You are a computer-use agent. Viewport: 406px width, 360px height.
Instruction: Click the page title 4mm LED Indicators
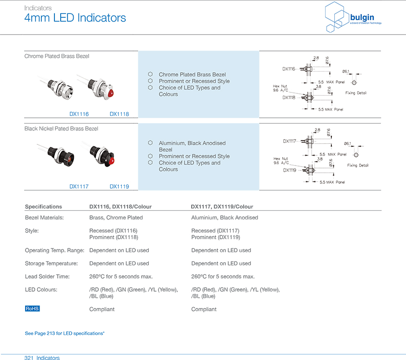pyautogui.click(x=75, y=18)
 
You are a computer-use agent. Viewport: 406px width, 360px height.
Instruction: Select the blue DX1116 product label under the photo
pyautogui.click(x=79, y=114)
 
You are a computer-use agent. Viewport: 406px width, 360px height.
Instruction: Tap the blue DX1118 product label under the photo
pyautogui.click(x=119, y=114)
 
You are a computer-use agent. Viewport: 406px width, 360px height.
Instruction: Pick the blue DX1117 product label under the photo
pyautogui.click(x=79, y=186)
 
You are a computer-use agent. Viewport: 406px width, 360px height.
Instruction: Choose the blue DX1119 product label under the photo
pyautogui.click(x=119, y=186)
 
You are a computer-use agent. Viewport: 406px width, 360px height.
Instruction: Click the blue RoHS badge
pyautogui.click(x=32, y=309)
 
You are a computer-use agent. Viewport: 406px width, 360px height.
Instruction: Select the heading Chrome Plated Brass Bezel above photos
pyautogui.click(x=57, y=56)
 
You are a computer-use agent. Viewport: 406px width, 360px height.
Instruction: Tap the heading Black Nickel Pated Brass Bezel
pyautogui.click(x=61, y=129)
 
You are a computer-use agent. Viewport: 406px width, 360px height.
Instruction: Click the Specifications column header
pyautogui.click(x=43, y=206)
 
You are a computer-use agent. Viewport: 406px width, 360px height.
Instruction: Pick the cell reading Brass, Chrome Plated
pyautogui.click(x=116, y=218)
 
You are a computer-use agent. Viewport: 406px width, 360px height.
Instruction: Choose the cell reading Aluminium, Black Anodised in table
pyautogui.click(x=224, y=218)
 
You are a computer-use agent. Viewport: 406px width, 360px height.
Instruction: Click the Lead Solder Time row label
pyautogui.click(x=47, y=276)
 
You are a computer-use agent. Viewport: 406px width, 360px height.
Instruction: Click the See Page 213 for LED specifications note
pyautogui.click(x=65, y=333)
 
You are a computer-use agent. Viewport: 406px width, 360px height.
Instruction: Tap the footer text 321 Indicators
pyautogui.click(x=42, y=358)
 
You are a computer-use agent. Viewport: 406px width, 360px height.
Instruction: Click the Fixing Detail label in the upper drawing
pyautogui.click(x=356, y=93)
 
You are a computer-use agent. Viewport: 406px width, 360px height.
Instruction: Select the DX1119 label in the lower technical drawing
pyautogui.click(x=289, y=170)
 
